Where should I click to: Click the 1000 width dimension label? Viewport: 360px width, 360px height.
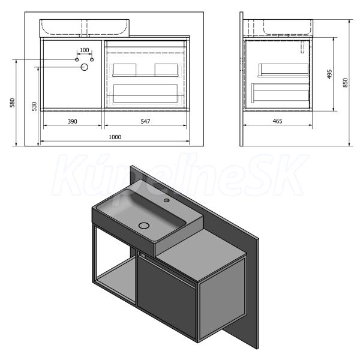point(115,137)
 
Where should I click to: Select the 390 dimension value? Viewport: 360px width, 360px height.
point(73,121)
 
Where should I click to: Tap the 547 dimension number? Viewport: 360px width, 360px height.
point(145,121)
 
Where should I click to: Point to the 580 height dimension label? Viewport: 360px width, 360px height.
point(12,103)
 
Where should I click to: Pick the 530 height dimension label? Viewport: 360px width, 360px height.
point(34,106)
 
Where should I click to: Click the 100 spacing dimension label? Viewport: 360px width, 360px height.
point(84,50)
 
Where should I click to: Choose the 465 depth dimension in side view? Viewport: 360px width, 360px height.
point(277,121)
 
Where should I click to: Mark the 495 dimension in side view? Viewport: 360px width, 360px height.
point(329,74)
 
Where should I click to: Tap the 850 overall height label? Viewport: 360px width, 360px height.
point(346,83)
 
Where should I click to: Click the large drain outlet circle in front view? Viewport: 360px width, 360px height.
point(84,67)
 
